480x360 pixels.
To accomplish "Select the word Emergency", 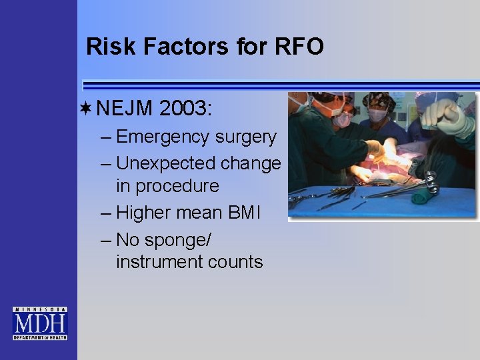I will [163, 137].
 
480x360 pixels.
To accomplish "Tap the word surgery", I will [245, 137].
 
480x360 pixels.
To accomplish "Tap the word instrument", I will [159, 262].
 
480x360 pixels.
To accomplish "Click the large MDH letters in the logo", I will [40, 325].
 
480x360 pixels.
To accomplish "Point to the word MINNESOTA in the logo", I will [40, 310].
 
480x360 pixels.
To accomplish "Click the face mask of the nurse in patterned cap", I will [378, 115].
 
